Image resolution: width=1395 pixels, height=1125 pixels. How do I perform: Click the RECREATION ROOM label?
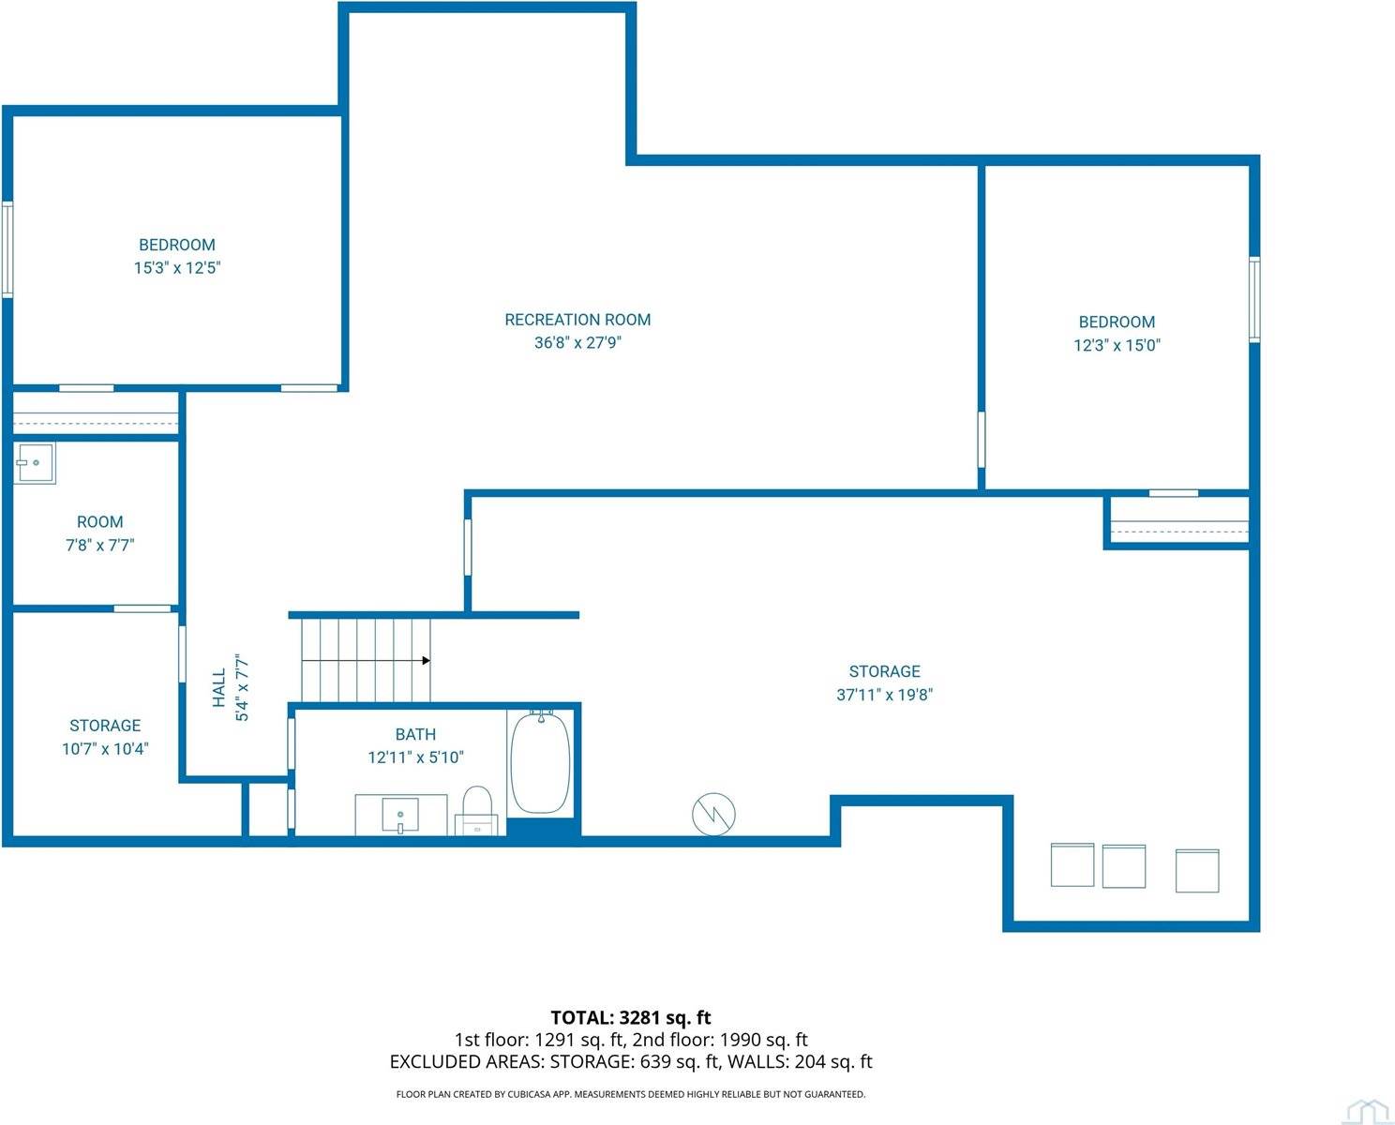point(577,320)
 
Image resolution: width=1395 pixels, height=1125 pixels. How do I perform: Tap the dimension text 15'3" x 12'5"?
point(177,268)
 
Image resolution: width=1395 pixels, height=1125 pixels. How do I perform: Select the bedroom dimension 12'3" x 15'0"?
point(1117,345)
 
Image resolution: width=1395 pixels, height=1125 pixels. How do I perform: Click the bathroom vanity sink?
point(401,814)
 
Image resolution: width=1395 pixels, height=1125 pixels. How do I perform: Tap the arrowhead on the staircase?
point(426,661)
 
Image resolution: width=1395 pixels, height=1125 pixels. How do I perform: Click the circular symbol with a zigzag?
point(713,814)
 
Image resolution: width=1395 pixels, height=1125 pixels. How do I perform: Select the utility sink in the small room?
point(35,462)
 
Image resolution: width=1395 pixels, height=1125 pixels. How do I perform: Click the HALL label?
point(219,687)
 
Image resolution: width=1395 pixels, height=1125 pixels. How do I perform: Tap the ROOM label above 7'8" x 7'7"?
point(100,522)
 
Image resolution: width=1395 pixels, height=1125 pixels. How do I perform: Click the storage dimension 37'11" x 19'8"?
point(884,695)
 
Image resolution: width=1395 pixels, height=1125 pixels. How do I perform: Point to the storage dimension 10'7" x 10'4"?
point(105,749)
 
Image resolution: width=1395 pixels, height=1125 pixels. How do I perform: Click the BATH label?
point(415,735)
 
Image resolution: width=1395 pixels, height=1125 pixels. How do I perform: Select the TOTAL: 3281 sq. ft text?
point(630,1017)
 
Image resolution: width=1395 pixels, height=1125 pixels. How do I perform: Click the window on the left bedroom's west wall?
point(7,249)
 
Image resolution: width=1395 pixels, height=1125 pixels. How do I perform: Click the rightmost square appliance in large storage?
point(1197,870)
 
